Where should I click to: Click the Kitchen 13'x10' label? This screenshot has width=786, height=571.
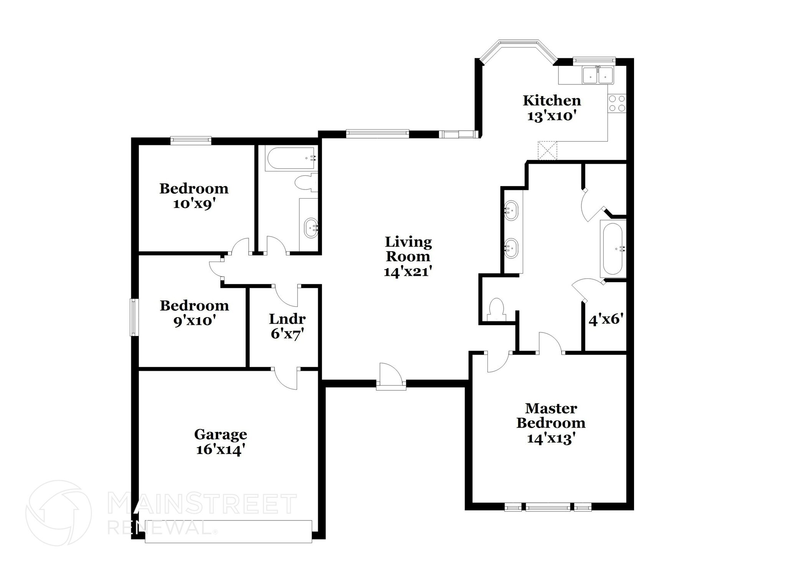click(552, 108)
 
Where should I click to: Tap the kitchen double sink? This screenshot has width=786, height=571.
click(598, 76)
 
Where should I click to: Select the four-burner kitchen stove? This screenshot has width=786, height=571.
click(617, 103)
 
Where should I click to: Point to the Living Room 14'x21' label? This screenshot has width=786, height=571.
click(408, 257)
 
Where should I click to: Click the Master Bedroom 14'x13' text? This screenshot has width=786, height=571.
click(551, 423)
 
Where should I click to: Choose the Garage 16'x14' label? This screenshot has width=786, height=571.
click(220, 442)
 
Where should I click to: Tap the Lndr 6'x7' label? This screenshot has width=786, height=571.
click(287, 326)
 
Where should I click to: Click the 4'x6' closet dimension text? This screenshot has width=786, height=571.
click(605, 319)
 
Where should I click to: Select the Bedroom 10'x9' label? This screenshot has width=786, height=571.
click(194, 196)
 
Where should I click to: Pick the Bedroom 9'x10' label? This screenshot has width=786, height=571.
click(194, 313)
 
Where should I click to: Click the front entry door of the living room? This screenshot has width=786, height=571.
click(391, 377)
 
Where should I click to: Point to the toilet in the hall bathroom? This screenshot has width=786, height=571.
click(306, 182)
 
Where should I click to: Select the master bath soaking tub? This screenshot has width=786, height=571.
click(613, 249)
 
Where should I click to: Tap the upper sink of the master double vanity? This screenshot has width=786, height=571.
click(511, 210)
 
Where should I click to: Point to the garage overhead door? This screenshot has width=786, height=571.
click(228, 531)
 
